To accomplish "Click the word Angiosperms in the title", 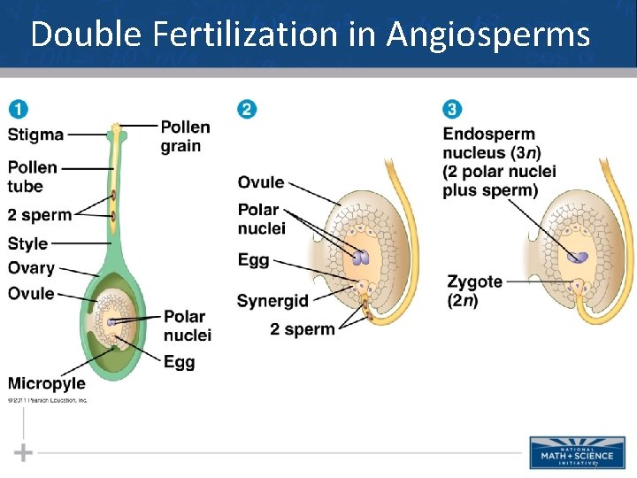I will [x=487, y=35].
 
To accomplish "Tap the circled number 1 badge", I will [x=18, y=110].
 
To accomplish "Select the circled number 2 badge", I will [x=247, y=110].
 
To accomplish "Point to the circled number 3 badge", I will [x=452, y=110].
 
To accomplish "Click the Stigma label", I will [x=35, y=135].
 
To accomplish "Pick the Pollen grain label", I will [x=185, y=136].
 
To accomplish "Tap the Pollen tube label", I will [x=32, y=176].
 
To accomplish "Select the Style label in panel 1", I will [x=27, y=243].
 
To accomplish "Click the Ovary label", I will [x=31, y=268].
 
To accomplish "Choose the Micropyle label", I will [x=46, y=383].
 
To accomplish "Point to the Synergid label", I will [x=272, y=301].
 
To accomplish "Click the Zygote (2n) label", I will [x=474, y=290].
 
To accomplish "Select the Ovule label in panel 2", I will [x=260, y=182].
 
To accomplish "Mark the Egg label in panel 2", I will [x=253, y=261].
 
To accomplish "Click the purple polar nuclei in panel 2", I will [x=361, y=258].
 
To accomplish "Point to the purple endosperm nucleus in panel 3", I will [x=579, y=258].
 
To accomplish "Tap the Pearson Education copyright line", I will [x=48, y=400].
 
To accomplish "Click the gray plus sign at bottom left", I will [x=23, y=453].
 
